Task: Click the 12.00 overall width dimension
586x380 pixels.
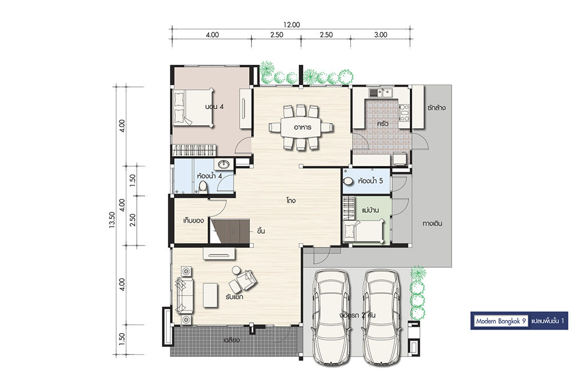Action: [x=291, y=25]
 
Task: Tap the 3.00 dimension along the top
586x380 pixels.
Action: [x=381, y=35]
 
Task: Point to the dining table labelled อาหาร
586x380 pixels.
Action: [x=301, y=128]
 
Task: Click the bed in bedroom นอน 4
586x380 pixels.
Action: [x=194, y=108]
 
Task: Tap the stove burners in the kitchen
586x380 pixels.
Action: [x=404, y=113]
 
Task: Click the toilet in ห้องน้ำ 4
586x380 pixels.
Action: [x=203, y=187]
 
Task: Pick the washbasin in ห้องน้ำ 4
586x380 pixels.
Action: [x=224, y=164]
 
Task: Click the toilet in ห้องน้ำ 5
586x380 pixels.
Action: [x=348, y=181]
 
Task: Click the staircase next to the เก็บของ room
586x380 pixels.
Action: [x=229, y=231]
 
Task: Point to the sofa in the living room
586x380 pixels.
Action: [x=184, y=295]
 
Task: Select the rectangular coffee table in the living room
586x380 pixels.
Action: [x=211, y=295]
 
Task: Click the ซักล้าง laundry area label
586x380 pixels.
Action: [x=437, y=108]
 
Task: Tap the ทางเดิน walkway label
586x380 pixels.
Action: [x=433, y=224]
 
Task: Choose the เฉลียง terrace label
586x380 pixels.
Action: [x=232, y=340]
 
